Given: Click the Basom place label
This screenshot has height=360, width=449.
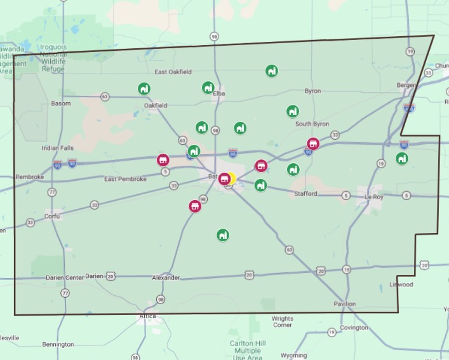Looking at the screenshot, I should (61, 103).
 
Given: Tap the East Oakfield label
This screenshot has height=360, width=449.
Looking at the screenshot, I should (173, 72).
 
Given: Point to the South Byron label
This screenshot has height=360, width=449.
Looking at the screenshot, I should (312, 124).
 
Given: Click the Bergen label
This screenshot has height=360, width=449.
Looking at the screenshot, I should (405, 84).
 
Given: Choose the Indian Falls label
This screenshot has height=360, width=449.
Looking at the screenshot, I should (58, 148).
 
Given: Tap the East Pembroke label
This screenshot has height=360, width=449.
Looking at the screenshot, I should (125, 179).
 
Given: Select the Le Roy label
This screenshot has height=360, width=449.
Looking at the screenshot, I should (375, 197).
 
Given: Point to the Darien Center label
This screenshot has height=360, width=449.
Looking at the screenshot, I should (65, 277).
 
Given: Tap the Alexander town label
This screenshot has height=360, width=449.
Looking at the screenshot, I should (166, 277).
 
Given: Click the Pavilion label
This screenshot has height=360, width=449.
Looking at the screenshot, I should (345, 304).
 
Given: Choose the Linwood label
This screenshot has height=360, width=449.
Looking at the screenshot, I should (401, 284).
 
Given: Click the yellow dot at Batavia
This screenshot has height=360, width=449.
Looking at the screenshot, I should (231, 178).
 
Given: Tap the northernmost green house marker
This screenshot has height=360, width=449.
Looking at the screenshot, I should (271, 70).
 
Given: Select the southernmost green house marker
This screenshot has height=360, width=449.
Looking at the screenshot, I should (222, 235).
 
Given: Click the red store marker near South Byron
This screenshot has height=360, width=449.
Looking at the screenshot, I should (313, 143).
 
